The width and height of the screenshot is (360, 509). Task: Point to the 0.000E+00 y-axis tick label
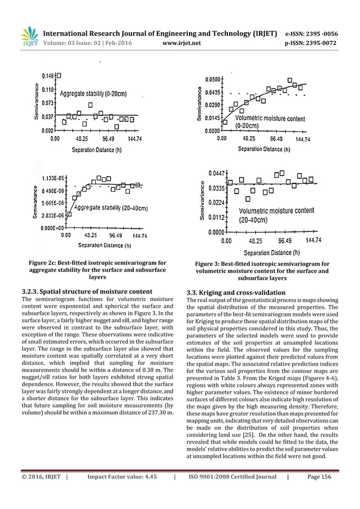click(x=51, y=228)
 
